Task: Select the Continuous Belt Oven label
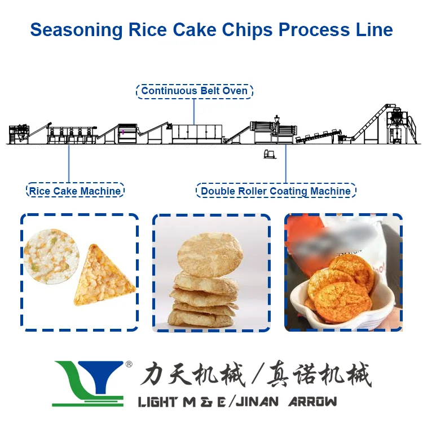point(195,91)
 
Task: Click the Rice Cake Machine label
point(75,191)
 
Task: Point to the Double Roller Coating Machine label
point(276,191)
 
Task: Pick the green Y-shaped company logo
point(87,384)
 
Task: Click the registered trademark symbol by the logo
point(129,365)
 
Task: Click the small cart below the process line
point(269,154)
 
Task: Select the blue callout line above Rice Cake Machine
point(69,164)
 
